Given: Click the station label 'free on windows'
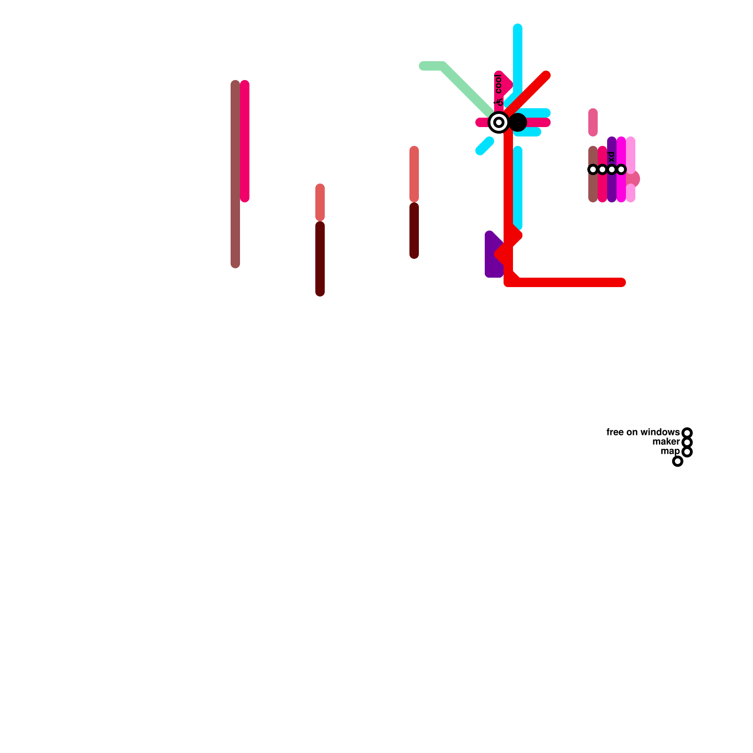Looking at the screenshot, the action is click(x=642, y=432).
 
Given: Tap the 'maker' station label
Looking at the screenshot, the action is click(x=666, y=441).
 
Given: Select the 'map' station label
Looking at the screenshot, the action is click(x=670, y=451).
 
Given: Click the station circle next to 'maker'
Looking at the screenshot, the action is click(x=687, y=442).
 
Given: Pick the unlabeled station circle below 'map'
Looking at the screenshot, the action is click(x=678, y=461).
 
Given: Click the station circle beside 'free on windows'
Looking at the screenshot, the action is click(x=687, y=433).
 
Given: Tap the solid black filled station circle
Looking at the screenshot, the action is click(x=518, y=122).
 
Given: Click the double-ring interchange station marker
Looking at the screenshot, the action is click(x=499, y=122).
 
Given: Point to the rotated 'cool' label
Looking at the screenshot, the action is click(x=498, y=84).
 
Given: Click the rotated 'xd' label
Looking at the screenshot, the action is click(x=611, y=157).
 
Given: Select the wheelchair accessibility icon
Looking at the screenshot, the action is click(x=499, y=102).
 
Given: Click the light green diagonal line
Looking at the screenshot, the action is click(x=466, y=89).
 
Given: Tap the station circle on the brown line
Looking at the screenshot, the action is click(x=593, y=169).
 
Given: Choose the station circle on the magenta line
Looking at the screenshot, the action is click(x=621, y=169).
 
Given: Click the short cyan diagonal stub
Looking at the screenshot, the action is click(x=484, y=146).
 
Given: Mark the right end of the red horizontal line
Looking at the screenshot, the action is click(x=621, y=282).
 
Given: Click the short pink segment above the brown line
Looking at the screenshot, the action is click(x=593, y=122).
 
